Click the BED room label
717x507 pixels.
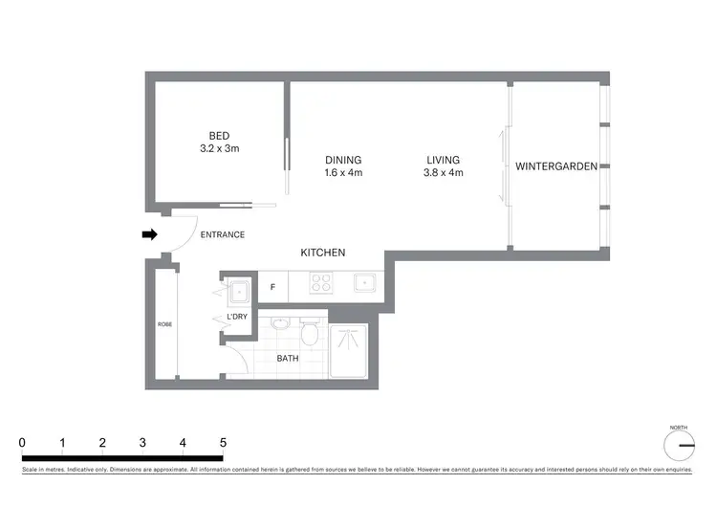(219, 135)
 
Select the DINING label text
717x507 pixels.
(343, 160)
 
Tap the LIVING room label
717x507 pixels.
(443, 160)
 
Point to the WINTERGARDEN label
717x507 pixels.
(556, 166)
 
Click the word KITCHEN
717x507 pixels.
(323, 253)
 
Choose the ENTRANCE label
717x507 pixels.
(222, 234)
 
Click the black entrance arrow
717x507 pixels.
(149, 234)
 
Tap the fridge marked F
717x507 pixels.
(272, 286)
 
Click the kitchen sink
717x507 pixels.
(364, 283)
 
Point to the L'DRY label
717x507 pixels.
(237, 318)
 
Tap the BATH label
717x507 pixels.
(288, 359)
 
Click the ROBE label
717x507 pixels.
(164, 325)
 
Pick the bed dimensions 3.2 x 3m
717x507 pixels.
(219, 148)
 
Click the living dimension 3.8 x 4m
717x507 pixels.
(443, 173)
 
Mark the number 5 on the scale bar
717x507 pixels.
(223, 443)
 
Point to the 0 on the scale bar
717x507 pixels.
(22, 443)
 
